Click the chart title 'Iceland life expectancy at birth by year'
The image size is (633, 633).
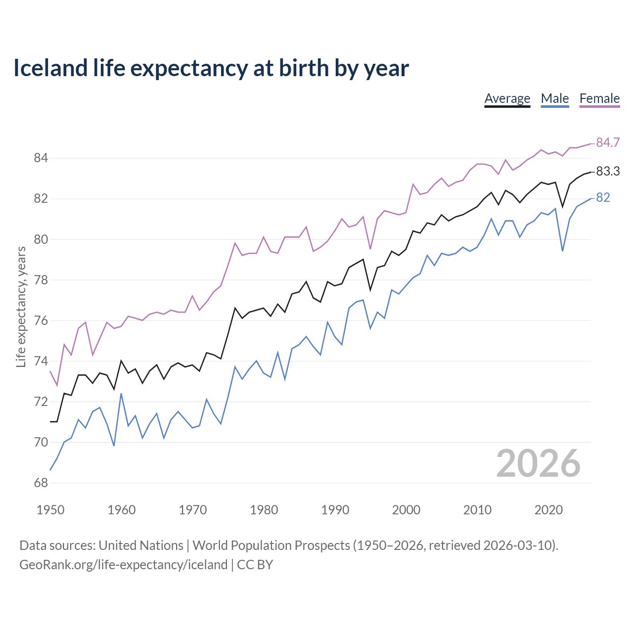(211, 68)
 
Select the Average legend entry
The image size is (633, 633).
(507, 98)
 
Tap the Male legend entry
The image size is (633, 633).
(554, 98)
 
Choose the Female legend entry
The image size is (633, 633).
(599, 98)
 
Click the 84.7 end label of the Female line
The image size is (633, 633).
(607, 142)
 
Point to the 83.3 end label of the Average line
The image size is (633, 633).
(607, 171)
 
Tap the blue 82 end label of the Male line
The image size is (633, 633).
(603, 197)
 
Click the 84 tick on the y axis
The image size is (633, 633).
(41, 158)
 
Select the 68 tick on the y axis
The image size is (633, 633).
(41, 483)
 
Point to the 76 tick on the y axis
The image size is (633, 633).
(41, 320)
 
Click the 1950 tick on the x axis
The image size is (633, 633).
(50, 510)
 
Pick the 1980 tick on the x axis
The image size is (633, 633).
(264, 510)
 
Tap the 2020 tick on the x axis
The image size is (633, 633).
(548, 510)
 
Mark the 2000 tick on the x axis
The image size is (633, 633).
(406, 510)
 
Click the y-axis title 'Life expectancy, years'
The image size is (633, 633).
(21, 307)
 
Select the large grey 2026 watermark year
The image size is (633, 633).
(538, 463)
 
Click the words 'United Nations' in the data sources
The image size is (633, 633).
(141, 545)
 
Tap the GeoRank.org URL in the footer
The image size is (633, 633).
(123, 564)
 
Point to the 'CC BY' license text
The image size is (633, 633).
(255, 564)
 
